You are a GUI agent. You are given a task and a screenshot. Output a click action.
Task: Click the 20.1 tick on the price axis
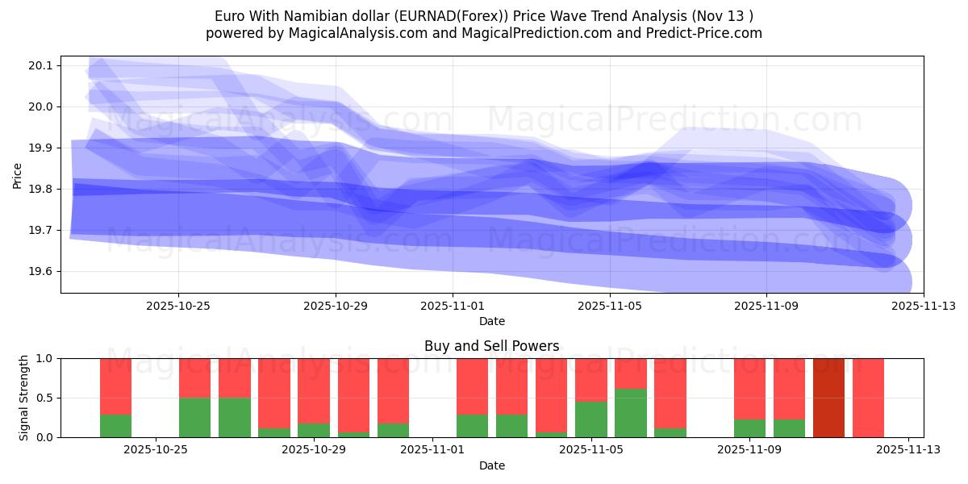point(40,65)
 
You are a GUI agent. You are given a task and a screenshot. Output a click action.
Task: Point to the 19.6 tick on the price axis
point(40,272)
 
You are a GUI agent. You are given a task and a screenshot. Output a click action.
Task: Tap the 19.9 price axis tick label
point(40,148)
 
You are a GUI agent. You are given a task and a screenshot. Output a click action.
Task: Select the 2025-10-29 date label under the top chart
point(336,306)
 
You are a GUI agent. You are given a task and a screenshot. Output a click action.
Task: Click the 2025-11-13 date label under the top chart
point(924,306)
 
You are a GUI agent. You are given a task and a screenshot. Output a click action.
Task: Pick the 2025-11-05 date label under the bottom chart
point(591,449)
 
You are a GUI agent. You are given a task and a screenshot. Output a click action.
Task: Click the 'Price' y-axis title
point(18,174)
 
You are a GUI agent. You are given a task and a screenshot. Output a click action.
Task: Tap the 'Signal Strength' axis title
point(24,398)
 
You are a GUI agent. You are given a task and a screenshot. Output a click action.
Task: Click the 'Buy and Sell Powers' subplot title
point(491,346)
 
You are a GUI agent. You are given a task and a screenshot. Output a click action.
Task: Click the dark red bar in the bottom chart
point(828,398)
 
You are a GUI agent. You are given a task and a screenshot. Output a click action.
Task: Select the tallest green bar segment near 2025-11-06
point(630,413)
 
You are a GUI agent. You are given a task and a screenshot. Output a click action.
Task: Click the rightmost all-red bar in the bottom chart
point(868,398)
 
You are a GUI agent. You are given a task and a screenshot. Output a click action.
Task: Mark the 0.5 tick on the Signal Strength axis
point(45,398)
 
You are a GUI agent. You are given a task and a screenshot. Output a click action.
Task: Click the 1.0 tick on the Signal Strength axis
point(45,358)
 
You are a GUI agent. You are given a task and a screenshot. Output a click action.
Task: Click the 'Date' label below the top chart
point(491,321)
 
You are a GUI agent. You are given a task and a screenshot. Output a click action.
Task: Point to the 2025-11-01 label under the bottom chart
point(433,449)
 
